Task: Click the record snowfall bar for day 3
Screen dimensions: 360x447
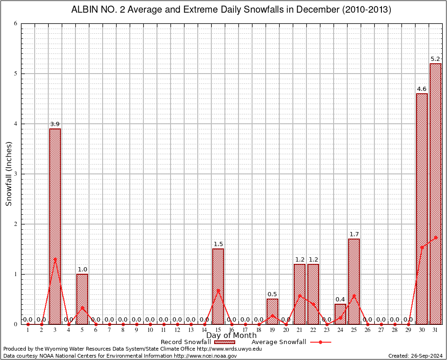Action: (55, 226)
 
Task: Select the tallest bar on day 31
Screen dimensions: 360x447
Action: (435, 194)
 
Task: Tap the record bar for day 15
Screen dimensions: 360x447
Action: (218, 286)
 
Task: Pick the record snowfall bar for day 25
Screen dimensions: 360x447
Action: (354, 281)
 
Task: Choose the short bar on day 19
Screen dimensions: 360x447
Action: (272, 311)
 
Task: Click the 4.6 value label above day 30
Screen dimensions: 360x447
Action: (422, 89)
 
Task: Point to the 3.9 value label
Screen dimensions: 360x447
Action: (55, 124)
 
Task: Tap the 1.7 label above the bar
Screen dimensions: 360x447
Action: (354, 234)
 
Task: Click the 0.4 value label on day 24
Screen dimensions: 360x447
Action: (340, 300)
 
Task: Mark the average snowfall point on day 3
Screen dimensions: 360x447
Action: (55, 259)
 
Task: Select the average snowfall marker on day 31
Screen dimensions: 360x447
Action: (435, 237)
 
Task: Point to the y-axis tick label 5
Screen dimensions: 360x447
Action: (16, 74)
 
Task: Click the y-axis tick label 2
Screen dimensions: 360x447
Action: (16, 224)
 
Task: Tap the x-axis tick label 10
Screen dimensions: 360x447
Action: (150, 330)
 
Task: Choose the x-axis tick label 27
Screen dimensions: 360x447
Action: (381, 330)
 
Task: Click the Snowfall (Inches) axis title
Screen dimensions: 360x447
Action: (8, 173)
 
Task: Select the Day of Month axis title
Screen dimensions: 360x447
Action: (231, 335)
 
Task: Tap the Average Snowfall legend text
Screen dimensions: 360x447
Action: (278, 342)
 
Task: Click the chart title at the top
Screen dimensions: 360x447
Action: (231, 9)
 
